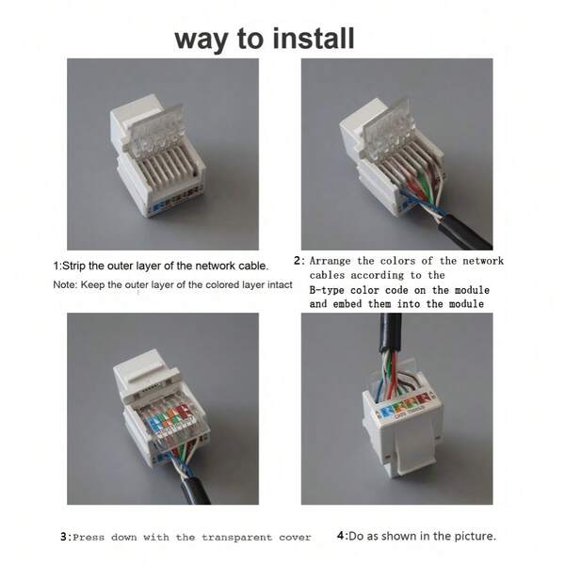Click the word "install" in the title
tap(314, 39)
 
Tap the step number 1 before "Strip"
tap(56, 266)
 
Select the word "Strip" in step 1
tap(73, 266)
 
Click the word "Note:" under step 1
tap(65, 284)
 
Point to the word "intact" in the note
tap(280, 284)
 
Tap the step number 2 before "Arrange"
tap(297, 260)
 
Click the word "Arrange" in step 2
tap(330, 261)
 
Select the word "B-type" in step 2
tap(327, 290)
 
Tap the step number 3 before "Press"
tap(63, 537)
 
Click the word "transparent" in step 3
tap(236, 538)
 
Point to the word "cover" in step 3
tap(295, 538)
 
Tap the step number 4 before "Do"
tap(341, 536)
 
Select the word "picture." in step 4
tap(475, 536)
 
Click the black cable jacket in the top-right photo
tap(465, 231)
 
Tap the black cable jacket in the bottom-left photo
tap(196, 491)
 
